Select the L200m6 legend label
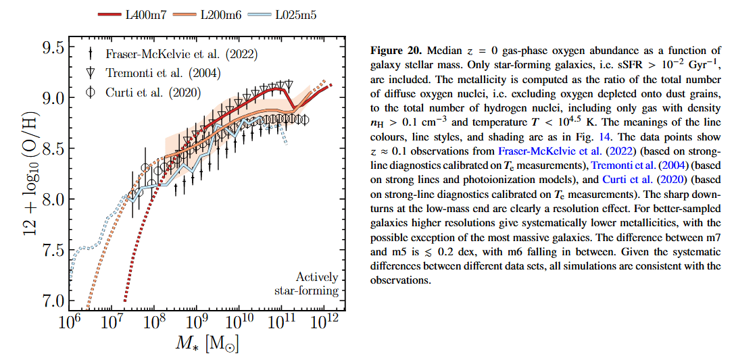coord(223,12)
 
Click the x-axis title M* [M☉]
coord(207,344)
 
